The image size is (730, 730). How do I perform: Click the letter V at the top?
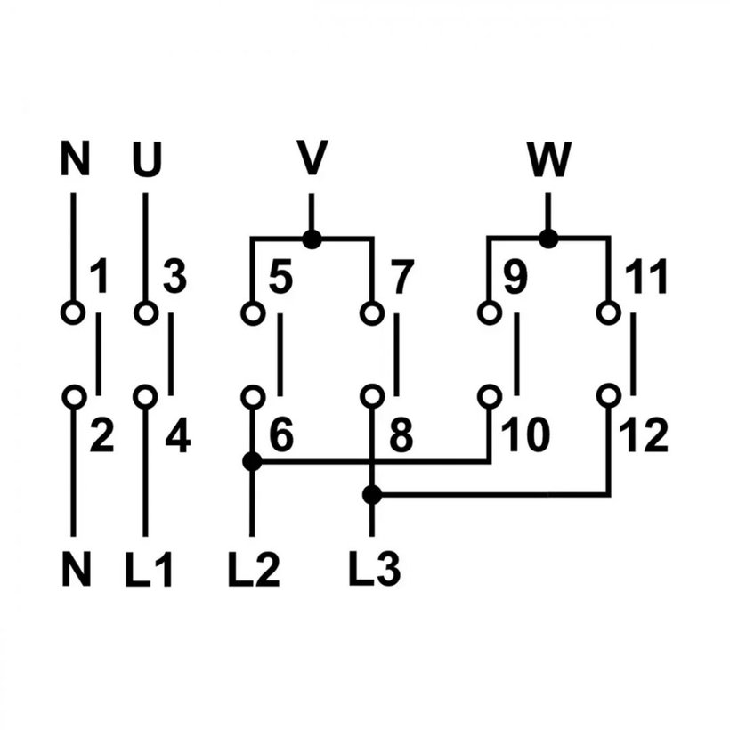312,158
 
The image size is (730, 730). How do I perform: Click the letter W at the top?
549,159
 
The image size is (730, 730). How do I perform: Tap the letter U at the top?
147,159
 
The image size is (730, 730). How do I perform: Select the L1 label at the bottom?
150,569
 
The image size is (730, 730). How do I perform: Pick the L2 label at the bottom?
254,569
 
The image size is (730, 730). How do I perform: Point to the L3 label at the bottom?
375,569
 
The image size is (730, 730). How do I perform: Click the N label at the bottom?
76,569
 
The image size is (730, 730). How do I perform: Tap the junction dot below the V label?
312,239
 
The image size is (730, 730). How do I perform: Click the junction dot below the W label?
548,239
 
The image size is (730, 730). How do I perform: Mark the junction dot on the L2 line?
252,461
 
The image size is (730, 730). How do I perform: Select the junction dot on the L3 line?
371,494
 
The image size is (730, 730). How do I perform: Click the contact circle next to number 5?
253,312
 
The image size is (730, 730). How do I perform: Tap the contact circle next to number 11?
609,312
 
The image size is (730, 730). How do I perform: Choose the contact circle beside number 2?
74,397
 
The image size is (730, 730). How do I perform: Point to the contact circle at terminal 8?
372,397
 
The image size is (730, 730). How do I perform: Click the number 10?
526,434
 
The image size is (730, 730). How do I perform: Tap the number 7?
402,277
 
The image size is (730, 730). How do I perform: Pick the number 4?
178,435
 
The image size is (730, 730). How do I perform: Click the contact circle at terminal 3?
146,312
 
